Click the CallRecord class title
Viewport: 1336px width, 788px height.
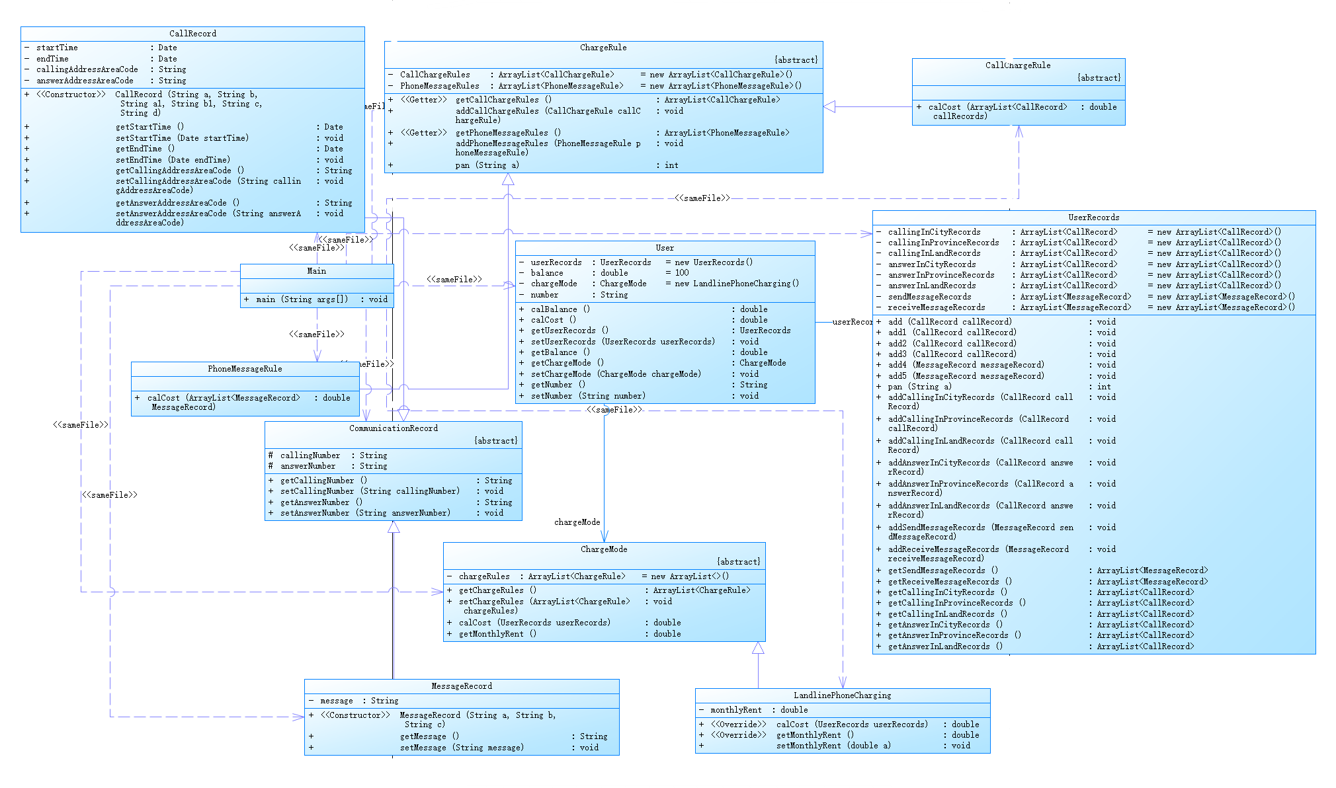[192, 34]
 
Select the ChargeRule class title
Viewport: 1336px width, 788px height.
[603, 48]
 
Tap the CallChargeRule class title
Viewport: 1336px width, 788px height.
[1018, 65]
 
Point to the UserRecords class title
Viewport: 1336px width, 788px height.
[1094, 217]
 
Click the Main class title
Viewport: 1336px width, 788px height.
[317, 271]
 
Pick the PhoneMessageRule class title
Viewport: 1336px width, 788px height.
[245, 369]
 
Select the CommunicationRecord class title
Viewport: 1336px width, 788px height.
[394, 428]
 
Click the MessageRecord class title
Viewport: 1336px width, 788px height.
[462, 686]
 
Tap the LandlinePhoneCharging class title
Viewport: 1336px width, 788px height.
[843, 695]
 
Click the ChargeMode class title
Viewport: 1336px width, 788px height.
[604, 549]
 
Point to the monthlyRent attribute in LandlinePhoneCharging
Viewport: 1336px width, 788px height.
[736, 710]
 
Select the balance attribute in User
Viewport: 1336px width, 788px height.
[547, 273]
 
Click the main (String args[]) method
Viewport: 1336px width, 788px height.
[302, 299]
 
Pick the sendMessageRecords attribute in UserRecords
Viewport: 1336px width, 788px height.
[929, 297]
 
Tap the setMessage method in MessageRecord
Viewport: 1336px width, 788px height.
[462, 748]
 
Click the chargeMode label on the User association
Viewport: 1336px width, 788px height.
[577, 522]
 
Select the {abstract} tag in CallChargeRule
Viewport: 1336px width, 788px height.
[1099, 78]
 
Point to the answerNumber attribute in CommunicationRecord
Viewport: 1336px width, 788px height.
[308, 466]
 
